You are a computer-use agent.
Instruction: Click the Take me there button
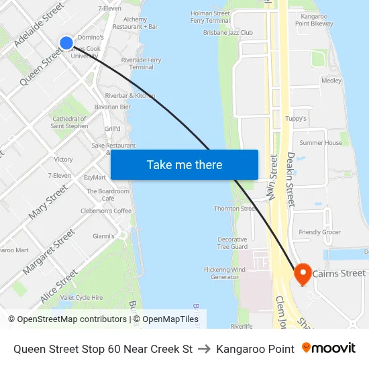click(x=184, y=165)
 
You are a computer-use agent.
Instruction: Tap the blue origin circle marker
click(x=66, y=43)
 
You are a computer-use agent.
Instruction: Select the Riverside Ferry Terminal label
click(x=142, y=64)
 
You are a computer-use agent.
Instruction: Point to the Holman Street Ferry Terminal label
click(x=210, y=17)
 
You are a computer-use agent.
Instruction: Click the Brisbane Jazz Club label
click(x=228, y=32)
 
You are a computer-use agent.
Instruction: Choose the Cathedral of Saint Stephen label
click(x=69, y=122)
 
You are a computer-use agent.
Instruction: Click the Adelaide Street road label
click(x=39, y=24)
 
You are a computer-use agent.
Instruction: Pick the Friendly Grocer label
click(x=319, y=232)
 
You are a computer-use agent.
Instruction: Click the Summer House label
click(x=321, y=143)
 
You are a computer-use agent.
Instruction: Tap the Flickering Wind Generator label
click(x=225, y=273)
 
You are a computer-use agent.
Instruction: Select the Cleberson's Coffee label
click(x=106, y=211)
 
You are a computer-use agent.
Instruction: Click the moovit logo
click(x=329, y=348)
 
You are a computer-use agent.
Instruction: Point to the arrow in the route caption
click(x=204, y=349)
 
